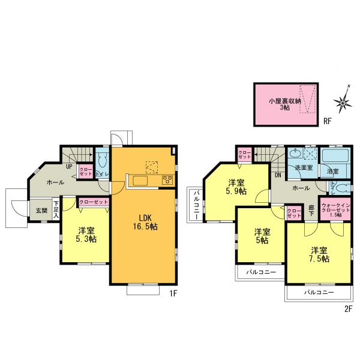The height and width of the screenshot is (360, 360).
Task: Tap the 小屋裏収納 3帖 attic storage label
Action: point(282,104)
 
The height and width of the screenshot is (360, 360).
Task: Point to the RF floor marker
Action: point(327,121)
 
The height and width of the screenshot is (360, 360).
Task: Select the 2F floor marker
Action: point(346,310)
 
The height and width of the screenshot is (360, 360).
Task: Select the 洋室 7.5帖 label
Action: point(319,254)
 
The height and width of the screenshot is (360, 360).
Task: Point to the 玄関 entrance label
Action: point(41,211)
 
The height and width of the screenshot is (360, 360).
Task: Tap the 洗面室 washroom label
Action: point(302,169)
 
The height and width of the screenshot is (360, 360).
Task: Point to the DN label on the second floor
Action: point(278,175)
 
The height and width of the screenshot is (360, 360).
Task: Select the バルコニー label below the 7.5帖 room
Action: point(317,293)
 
